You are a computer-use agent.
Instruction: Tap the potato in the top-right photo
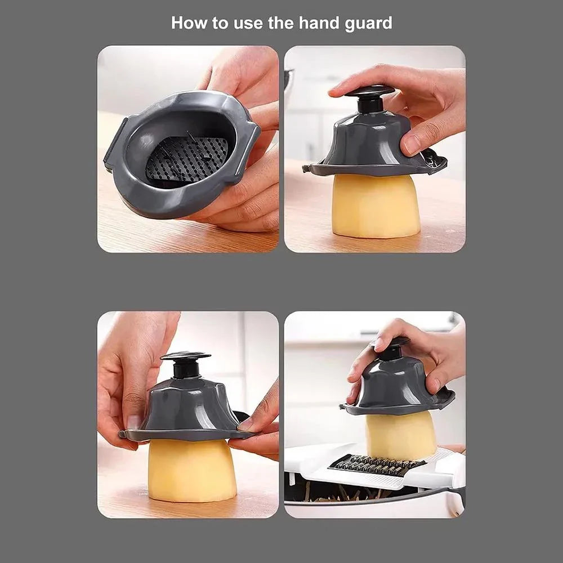[376, 205]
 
